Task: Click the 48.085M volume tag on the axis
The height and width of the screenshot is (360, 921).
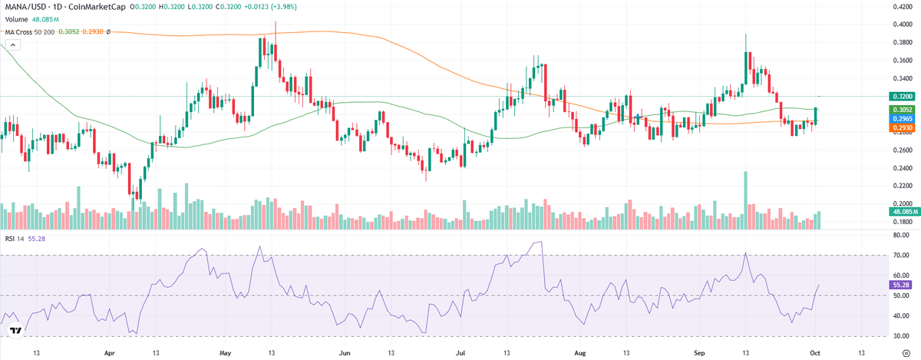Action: pos(900,211)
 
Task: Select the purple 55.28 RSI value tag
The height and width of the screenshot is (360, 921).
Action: pos(900,284)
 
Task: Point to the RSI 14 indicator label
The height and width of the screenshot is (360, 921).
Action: pos(15,240)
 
